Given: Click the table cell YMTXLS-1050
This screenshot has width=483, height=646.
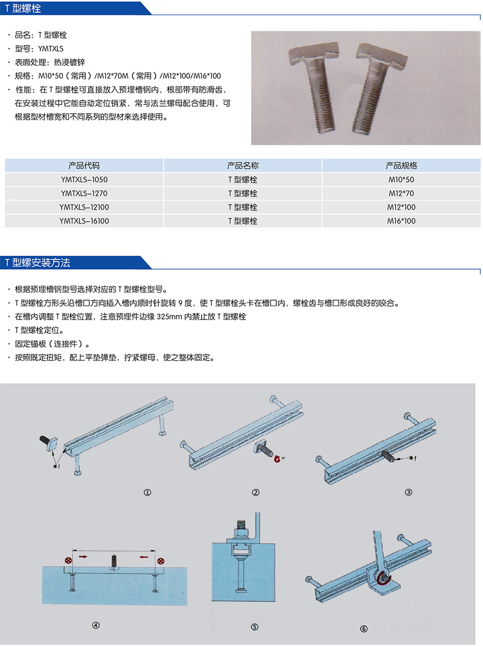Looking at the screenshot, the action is coord(84,180).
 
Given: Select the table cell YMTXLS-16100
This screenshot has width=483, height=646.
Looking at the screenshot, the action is coord(84,221).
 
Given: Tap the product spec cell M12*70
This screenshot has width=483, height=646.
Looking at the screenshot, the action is coord(401,194).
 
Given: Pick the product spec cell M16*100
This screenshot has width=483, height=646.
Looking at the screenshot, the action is coord(401,221).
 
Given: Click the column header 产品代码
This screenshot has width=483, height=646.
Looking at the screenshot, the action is coord(84,166).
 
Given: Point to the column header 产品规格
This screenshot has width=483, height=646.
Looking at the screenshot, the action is coord(401,166).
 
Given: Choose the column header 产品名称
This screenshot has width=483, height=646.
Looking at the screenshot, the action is coord(243,166).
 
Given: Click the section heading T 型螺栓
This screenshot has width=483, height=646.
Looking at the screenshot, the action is coord(23,8).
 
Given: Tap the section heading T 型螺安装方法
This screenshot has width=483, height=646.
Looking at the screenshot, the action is coord(38,263).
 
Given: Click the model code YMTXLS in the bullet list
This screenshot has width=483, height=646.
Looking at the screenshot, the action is coord(50,49).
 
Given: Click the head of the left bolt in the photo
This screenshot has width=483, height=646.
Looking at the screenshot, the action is coord(313,52).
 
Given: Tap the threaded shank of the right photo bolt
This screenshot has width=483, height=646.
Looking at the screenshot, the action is coord(370,97).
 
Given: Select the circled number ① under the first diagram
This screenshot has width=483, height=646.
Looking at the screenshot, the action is coord(147,492).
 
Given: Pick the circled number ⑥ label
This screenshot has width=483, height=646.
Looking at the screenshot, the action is coord(364,629).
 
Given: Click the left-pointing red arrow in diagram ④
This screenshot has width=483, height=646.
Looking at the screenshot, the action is coord(143,556).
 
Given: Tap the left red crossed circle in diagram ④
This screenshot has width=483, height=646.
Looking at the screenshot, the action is coord(69,560).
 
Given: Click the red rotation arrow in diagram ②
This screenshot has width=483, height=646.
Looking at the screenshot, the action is coord(277,458).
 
